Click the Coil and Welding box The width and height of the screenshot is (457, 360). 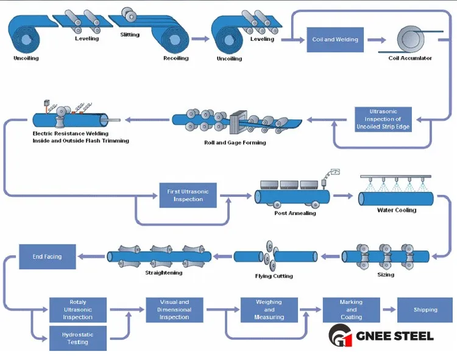point(335,40)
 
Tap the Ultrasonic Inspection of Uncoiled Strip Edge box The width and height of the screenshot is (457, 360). point(383,119)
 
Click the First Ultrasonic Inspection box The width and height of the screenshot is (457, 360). point(188,195)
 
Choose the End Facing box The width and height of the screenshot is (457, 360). point(47,256)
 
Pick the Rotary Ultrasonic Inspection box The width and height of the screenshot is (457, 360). point(77,309)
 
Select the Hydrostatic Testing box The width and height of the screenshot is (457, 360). point(77,338)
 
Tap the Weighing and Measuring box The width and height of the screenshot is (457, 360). point(269,309)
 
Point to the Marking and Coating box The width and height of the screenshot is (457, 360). point(351,309)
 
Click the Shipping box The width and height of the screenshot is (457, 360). point(425,309)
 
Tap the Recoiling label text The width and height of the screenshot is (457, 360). point(176,58)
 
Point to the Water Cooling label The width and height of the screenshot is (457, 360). point(396,210)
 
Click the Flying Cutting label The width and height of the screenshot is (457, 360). point(274,276)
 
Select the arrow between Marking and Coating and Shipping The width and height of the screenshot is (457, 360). point(388,309)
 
